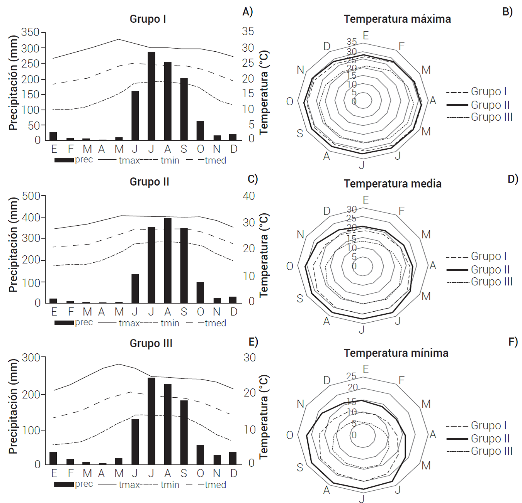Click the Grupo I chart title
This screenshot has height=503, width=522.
[x=148, y=19]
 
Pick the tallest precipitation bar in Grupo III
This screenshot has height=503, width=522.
[x=151, y=421]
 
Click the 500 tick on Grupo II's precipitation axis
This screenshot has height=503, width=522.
[x=31, y=196]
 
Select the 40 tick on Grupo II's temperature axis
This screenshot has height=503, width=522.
[x=249, y=196]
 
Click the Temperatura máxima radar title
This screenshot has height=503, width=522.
[x=397, y=19]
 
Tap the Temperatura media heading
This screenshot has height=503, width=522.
[x=393, y=184]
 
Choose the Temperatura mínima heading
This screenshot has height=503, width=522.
[x=396, y=353]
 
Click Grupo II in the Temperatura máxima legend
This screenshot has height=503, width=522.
[x=490, y=105]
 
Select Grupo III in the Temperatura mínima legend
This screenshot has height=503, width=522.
[x=491, y=451]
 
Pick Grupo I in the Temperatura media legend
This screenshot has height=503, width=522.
[x=488, y=256]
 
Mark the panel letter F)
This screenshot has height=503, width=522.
[x=513, y=342]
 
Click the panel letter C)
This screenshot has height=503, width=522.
[x=253, y=179]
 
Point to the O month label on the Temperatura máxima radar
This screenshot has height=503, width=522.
[x=290, y=101]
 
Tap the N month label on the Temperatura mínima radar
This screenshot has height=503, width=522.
[x=301, y=404]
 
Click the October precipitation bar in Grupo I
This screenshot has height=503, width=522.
[x=200, y=131]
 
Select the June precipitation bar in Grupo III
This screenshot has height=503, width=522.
[x=135, y=442]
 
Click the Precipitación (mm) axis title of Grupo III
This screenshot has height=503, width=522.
[x=13, y=406]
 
